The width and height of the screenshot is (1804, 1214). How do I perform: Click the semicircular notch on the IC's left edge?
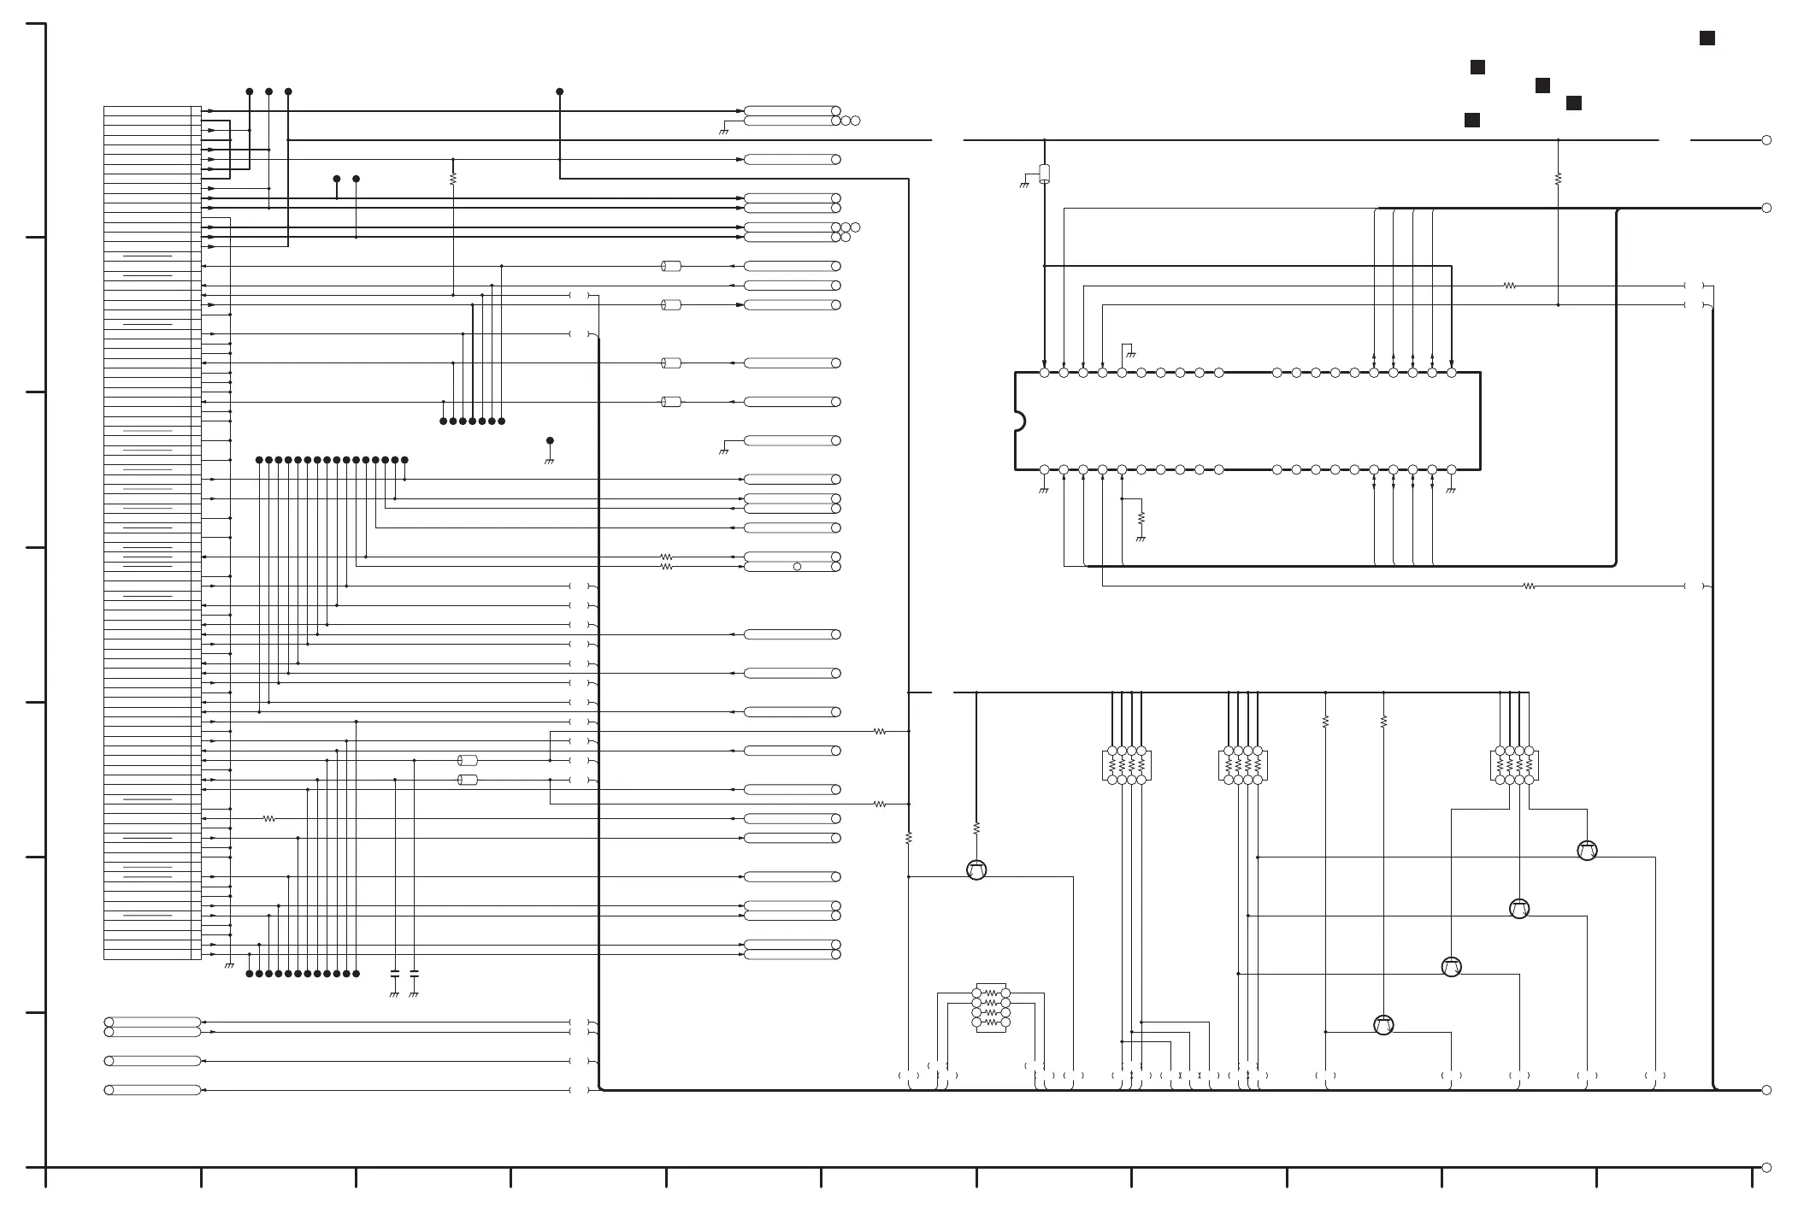(1018, 421)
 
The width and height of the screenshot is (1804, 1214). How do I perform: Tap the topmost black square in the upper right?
(1707, 38)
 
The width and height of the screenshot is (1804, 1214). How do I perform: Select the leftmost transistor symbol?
(976, 869)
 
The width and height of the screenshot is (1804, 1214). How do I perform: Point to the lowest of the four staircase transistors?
(1383, 1024)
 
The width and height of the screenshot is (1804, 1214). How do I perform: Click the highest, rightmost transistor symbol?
(1587, 851)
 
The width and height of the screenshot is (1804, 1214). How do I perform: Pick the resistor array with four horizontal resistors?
(991, 1008)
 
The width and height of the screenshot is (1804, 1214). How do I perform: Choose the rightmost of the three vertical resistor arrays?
(1514, 766)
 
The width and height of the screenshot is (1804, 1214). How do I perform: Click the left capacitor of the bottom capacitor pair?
(394, 974)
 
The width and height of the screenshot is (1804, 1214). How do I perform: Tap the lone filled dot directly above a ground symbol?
(550, 441)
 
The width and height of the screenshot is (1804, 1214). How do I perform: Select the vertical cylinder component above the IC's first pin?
(1044, 174)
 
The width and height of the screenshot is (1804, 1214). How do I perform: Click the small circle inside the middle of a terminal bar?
(797, 567)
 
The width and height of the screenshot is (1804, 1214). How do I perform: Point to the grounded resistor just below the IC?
(1141, 519)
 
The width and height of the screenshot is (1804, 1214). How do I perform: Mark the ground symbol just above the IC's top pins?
(1129, 352)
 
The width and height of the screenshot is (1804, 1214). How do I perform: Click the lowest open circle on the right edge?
(1766, 1168)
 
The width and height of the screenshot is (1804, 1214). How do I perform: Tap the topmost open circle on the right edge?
(1766, 140)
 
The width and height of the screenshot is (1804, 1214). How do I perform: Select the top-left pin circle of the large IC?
(1044, 373)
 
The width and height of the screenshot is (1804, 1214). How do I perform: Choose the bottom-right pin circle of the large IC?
(1451, 469)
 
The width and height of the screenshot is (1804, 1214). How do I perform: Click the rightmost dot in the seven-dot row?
(501, 421)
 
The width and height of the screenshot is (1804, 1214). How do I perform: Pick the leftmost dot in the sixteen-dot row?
(259, 460)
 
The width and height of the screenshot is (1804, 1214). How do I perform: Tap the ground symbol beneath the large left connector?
(229, 965)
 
